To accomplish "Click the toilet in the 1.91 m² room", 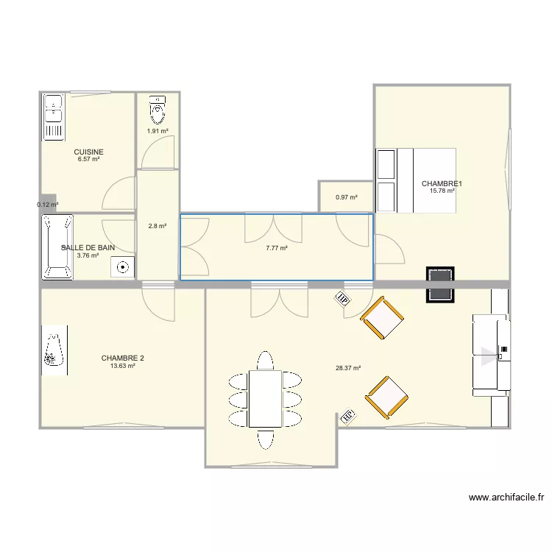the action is pos(158,110).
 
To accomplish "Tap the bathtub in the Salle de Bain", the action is pos(57,247).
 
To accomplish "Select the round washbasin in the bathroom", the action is pos(122,267).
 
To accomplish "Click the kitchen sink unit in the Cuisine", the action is pos(54,117).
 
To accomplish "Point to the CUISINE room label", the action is pos(89,152).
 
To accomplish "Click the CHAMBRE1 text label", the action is pos(442,184).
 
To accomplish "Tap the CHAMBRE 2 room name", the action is pos(122,358).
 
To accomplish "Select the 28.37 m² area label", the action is pos(348,368).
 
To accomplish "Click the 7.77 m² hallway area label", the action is pos(277,248).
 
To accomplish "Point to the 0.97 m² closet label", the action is pos(347,197).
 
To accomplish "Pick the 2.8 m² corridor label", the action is pos(158,227).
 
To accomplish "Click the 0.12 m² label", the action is pos(48,205).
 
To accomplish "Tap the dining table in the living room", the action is pos(265,398).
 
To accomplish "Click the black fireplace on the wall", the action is pos(440,284).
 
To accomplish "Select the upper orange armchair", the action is pos(382,318).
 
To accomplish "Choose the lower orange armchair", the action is pos(386,397).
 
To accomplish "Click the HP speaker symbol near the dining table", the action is pos(348,417).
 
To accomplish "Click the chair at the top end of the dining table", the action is pos(265,360).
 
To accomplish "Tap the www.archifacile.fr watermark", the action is pos(506,498).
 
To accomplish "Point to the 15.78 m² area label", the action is pos(442,191).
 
